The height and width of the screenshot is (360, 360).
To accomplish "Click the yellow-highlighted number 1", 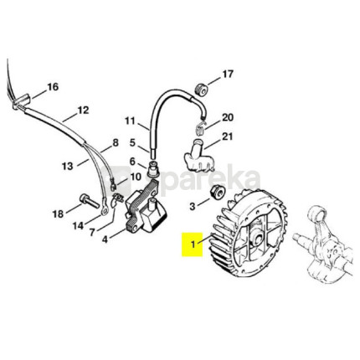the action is tap(193, 244).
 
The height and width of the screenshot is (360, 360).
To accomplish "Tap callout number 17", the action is tap(227, 75).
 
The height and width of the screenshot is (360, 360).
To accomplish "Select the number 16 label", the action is tap(53, 87).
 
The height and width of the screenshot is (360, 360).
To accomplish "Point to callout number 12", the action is tap(83, 110).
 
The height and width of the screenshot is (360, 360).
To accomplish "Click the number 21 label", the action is tap(228, 136).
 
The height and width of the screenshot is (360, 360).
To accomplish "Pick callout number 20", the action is tap(228, 117).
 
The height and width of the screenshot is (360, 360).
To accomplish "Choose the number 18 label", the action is tap(58, 214).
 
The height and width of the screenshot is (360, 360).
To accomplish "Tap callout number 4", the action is tap(105, 239).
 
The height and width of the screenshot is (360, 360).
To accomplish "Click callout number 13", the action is tap(67, 167).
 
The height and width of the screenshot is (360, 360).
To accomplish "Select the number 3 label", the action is tap(193, 207).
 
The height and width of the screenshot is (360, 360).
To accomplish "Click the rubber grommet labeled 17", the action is tap(201, 89).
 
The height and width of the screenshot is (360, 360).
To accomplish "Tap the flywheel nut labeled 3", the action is tap(218, 192).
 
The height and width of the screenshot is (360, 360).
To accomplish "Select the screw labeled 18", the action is tap(90, 201).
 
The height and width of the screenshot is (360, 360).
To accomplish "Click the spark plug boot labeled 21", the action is tap(198, 155).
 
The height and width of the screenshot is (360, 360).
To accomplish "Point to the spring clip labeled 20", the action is tap(201, 126).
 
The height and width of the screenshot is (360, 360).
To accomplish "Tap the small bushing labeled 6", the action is tap(152, 168).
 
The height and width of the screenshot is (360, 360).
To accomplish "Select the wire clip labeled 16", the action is tap(21, 101).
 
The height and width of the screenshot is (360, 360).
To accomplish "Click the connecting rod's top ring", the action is tap(318, 215).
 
